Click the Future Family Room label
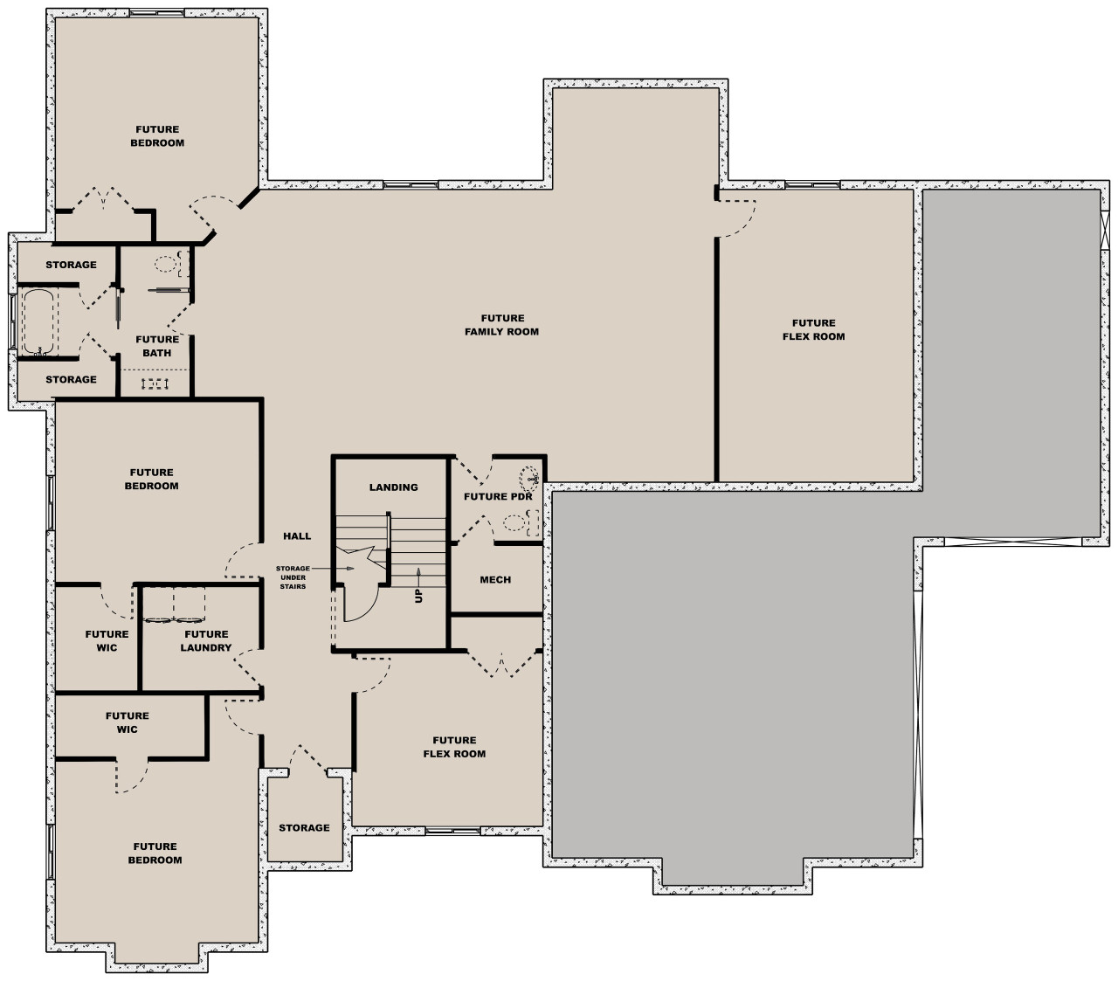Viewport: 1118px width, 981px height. pyautogui.click(x=501, y=325)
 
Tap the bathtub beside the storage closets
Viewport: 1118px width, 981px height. pyautogui.click(x=37, y=322)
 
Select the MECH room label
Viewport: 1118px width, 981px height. pyautogui.click(x=495, y=579)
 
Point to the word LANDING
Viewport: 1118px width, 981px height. pyautogui.click(x=393, y=487)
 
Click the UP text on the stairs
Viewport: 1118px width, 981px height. pyautogui.click(x=418, y=595)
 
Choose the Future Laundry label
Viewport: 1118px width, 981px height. pyautogui.click(x=206, y=641)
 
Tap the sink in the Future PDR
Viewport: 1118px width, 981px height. pyautogui.click(x=529, y=478)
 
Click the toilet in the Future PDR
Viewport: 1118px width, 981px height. pyautogui.click(x=517, y=523)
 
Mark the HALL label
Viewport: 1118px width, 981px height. pyautogui.click(x=297, y=536)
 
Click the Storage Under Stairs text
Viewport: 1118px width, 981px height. pyautogui.click(x=293, y=577)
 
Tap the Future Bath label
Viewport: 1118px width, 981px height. pyautogui.click(x=157, y=346)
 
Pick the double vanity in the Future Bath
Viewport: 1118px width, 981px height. pyautogui.click(x=155, y=383)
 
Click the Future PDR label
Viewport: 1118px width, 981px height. pyautogui.click(x=497, y=497)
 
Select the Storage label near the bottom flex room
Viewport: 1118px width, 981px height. pyautogui.click(x=304, y=827)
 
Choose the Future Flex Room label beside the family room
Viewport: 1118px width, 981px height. pyautogui.click(x=813, y=329)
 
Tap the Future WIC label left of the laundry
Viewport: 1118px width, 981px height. pyautogui.click(x=107, y=641)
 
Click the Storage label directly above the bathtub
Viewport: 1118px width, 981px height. pyautogui.click(x=71, y=265)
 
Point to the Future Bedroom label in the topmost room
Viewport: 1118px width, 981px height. pyautogui.click(x=157, y=135)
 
